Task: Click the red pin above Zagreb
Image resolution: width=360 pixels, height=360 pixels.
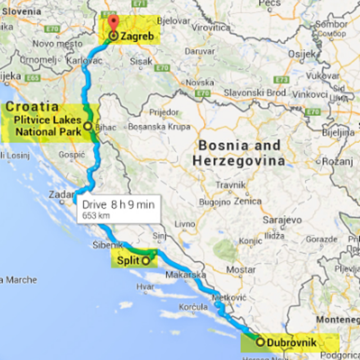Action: pos(113,24)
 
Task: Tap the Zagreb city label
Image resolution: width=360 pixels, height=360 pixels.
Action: pos(137,37)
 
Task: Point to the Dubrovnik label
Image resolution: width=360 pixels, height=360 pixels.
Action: pos(291,341)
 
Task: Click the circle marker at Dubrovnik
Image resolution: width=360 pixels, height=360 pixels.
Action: pos(260,341)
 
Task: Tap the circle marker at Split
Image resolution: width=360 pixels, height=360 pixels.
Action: pos(145,260)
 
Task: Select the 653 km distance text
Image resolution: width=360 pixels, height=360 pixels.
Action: pos(96,215)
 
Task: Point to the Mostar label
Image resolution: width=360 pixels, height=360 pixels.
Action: pos(241,269)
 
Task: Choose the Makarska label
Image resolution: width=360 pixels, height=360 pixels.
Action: pos(185,275)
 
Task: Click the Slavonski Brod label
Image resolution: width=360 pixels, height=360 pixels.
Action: pos(255,92)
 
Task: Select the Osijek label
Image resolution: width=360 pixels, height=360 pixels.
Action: pos(302,54)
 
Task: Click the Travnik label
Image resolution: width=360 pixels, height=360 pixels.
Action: pos(231,185)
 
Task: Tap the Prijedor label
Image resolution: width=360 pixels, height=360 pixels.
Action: pos(164,112)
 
